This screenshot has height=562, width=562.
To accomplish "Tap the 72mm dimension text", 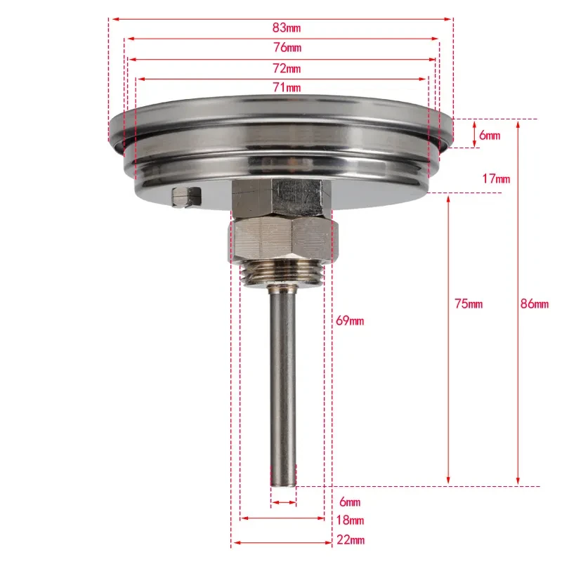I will (287, 68).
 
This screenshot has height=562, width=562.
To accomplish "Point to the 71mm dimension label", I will (287, 87).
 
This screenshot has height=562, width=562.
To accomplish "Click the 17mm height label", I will (496, 178).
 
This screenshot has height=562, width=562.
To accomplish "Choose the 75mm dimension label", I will (469, 303).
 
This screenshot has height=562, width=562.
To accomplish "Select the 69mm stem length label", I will (350, 320).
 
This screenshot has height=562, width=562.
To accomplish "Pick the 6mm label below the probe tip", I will (349, 502).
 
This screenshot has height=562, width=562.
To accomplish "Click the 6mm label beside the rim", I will (489, 135).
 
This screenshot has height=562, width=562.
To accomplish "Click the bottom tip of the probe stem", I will (283, 483).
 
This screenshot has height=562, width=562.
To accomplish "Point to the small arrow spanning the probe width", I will (284, 502).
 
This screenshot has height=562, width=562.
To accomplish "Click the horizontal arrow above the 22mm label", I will (282, 542).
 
